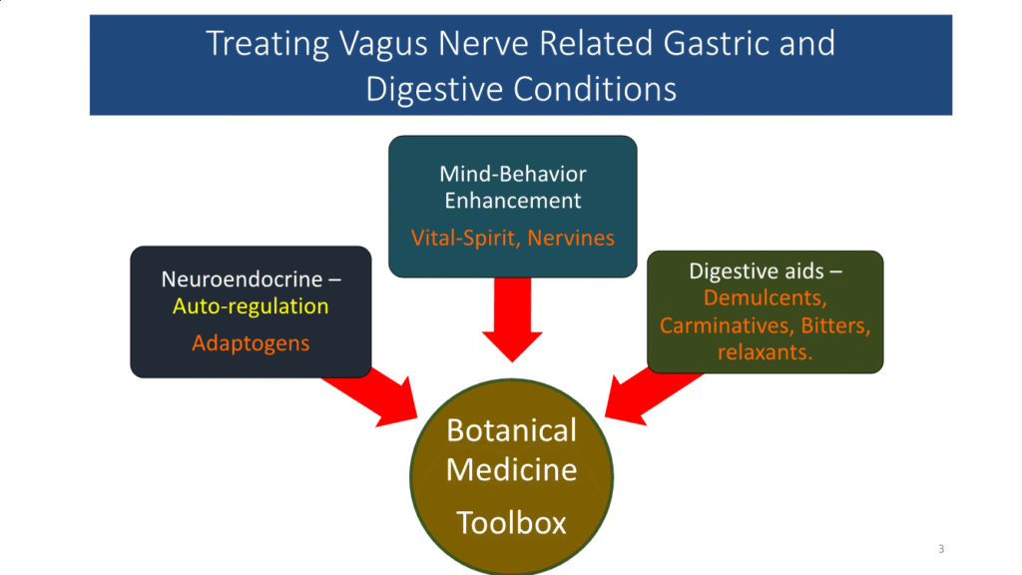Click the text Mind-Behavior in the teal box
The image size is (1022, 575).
[x=513, y=174]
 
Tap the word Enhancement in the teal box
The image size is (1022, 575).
[x=513, y=201]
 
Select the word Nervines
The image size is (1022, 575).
[x=573, y=239]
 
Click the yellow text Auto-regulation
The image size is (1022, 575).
[x=251, y=306]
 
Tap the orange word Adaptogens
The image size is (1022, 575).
[x=251, y=343]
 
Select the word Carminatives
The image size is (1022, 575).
[x=720, y=325]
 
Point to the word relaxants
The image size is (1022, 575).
[x=765, y=353]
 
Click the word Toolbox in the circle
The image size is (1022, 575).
[x=511, y=521]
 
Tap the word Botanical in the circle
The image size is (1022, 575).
[x=511, y=431]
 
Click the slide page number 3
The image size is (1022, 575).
[x=941, y=549]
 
